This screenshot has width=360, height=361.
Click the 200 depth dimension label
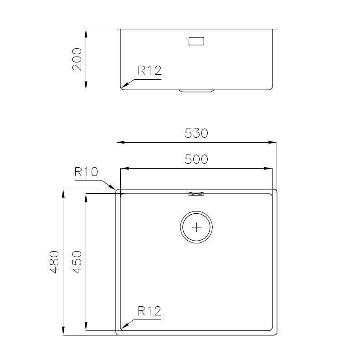point(77,59)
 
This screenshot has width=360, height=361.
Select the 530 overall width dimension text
point(196,133)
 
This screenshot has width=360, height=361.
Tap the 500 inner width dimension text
point(196,159)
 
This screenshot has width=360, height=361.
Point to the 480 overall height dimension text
point(54,262)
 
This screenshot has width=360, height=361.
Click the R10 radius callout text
point(86,172)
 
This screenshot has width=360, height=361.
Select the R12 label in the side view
point(149,71)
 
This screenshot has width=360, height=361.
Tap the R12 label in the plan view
point(149,311)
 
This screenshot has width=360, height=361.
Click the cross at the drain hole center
point(196,227)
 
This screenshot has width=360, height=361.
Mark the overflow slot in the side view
point(196,41)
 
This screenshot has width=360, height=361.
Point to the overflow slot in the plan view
point(196,194)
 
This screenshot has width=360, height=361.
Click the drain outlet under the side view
point(196,91)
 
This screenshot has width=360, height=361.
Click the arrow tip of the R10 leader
point(115,189)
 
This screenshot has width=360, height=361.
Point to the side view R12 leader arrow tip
point(123,88)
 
